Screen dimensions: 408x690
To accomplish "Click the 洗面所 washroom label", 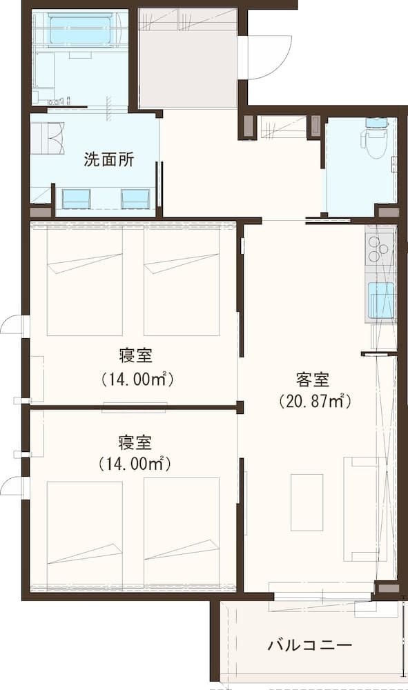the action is click(108, 159).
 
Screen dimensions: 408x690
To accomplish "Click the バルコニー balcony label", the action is click(310, 646).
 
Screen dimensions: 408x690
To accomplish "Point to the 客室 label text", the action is click(313, 379).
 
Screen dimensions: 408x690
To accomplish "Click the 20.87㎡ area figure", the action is click(315, 402).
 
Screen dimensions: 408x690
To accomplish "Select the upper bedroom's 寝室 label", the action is click(135, 355).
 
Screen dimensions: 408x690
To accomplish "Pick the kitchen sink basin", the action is click(380, 300).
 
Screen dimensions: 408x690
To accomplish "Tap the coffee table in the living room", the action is click(307, 502).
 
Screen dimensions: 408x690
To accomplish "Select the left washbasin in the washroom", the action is click(76, 199).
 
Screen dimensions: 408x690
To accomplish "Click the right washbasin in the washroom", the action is click(135, 199).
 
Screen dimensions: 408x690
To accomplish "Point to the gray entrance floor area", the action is click(188, 58).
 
